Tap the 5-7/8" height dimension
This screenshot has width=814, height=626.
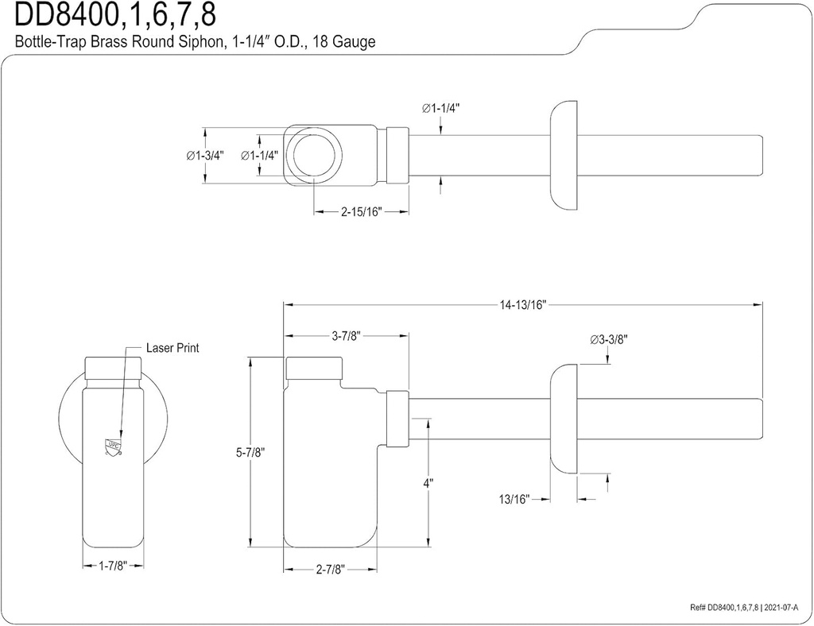[250, 452]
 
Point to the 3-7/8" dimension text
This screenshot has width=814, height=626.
[347, 336]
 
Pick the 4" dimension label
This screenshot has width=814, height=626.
[428, 482]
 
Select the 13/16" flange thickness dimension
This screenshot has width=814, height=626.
[515, 499]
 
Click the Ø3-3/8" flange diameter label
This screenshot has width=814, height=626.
[610, 339]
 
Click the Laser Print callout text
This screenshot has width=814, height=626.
[172, 348]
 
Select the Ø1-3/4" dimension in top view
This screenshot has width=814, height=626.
[205, 156]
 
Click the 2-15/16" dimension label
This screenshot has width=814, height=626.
[362, 211]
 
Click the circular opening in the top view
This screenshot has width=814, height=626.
[316, 155]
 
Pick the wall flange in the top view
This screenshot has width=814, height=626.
[565, 156]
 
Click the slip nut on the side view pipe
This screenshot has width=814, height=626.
[397, 419]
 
